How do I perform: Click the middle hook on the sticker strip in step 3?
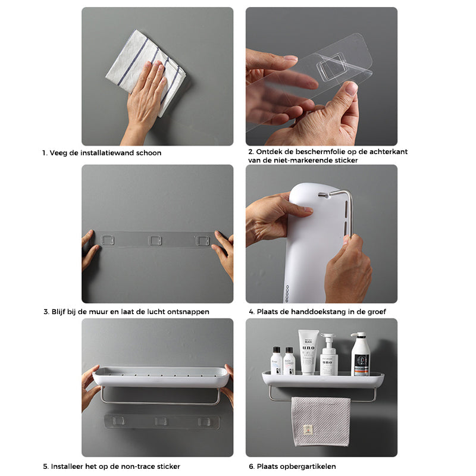coord(155,240)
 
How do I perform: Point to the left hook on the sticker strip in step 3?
coord(108,240)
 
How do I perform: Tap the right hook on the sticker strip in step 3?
coord(202,241)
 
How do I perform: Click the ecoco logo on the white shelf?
coord(287,293)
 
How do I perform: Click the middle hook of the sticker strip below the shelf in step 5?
coord(161,421)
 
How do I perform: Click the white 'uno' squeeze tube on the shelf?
coord(308,352)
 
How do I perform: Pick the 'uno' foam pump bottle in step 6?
coord(328,355)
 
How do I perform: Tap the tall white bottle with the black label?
coord(361,354)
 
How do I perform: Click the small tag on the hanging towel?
coord(308,430)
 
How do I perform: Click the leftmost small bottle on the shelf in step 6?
coord(277,361)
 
